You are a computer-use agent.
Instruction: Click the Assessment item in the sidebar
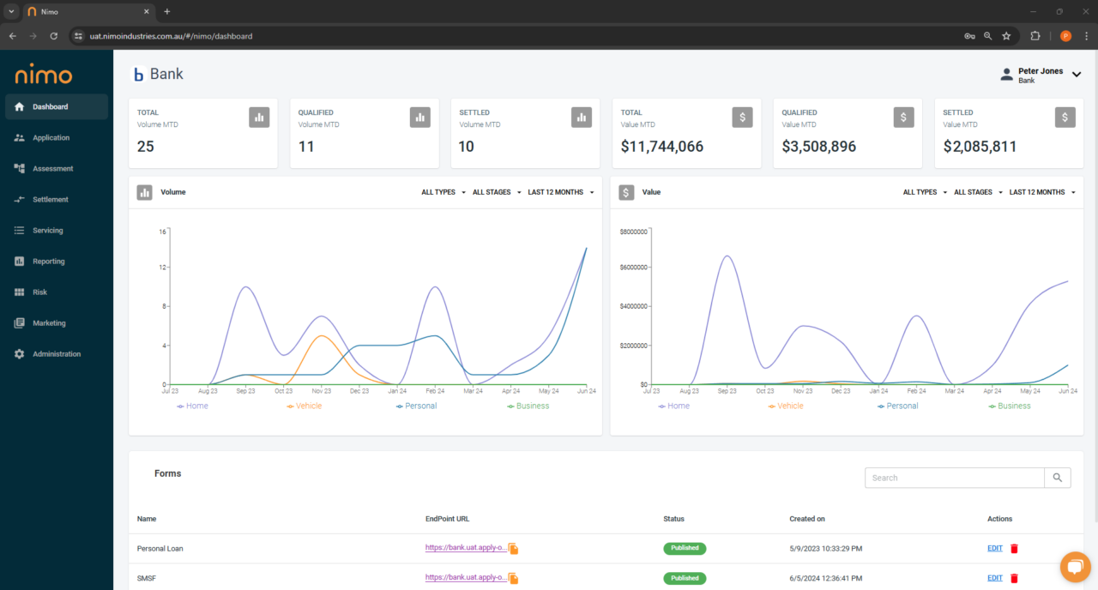coord(52,169)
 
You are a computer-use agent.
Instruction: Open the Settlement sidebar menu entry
coord(50,200)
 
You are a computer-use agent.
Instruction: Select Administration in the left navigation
coord(56,354)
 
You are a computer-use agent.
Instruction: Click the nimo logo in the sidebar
coord(44,75)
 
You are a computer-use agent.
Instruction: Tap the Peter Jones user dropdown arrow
coord(1076,75)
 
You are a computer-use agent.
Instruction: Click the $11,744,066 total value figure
coord(662,147)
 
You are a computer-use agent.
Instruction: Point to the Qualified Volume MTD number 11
coord(306,147)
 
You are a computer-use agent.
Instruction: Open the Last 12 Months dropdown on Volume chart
coord(561,192)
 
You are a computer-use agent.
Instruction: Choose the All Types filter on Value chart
coord(925,192)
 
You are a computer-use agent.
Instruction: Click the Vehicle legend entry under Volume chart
coord(307,406)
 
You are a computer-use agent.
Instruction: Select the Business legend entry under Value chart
coord(1013,406)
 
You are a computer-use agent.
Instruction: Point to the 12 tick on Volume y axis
coord(161,268)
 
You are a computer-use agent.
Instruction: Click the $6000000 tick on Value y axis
coord(634,268)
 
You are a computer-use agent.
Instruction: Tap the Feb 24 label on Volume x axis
coord(435,391)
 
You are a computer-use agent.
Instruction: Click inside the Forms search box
coord(954,478)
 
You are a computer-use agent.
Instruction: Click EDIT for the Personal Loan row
coord(994,548)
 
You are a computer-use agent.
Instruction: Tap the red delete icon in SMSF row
coord(1014,578)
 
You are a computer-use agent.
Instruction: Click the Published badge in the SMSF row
coord(685,578)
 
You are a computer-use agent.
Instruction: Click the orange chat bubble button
coord(1074,567)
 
